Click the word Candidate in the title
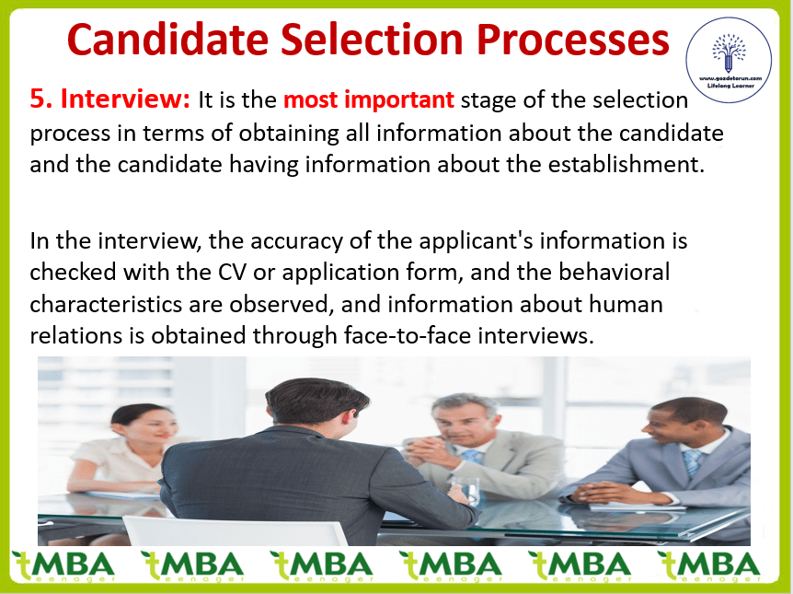167,40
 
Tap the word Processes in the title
573,40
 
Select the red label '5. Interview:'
109,99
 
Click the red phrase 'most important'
369,99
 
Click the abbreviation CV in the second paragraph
232,273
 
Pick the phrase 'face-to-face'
408,335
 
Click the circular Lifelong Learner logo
729,60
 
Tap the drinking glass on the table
465,489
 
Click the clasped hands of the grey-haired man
425,452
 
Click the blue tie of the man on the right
692,462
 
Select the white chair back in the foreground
236,530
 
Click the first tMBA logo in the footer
63,566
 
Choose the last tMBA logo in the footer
708,566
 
